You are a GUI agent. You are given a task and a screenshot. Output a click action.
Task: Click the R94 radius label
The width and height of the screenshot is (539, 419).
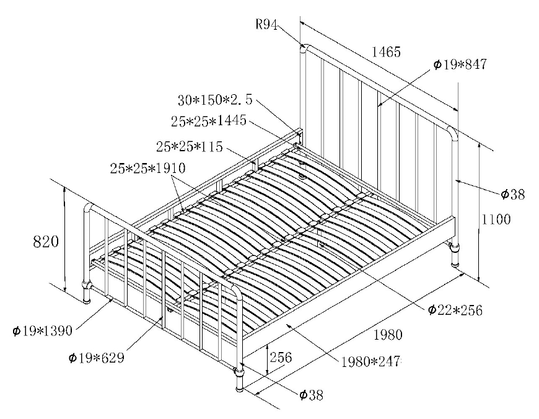pos(267,24)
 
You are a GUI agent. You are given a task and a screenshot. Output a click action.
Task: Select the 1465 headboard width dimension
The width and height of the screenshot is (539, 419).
pos(386,52)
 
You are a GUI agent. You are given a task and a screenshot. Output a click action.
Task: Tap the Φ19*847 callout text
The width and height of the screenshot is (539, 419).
pos(460,64)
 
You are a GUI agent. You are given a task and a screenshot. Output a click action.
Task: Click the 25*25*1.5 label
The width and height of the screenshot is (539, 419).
pos(189,146)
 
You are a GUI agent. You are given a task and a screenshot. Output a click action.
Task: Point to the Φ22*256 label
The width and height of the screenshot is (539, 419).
pos(455,309)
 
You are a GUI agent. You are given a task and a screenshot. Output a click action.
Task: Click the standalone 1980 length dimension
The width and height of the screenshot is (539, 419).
pos(388,335)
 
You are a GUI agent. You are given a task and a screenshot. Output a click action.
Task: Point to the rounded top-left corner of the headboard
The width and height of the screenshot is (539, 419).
pos(305,47)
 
